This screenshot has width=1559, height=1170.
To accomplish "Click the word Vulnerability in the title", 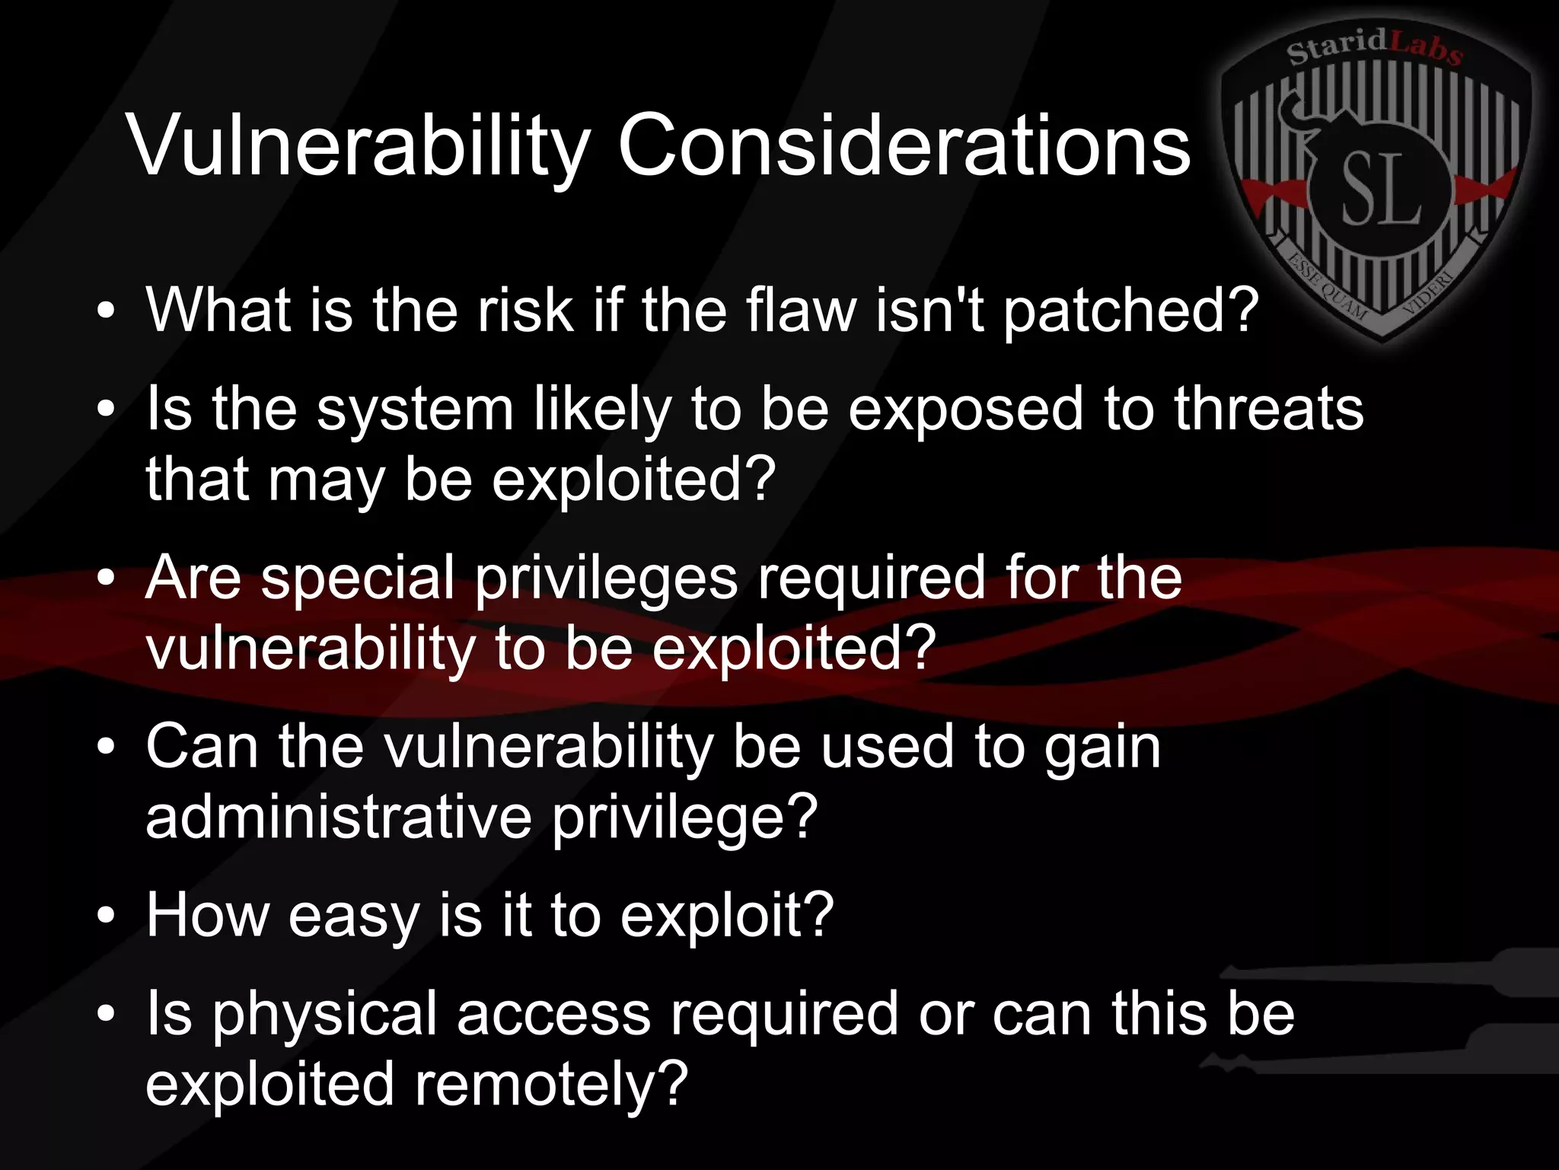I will coord(359,145).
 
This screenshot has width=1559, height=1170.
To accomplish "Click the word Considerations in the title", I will coord(904,145).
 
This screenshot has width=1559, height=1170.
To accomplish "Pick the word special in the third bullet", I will coord(358,579).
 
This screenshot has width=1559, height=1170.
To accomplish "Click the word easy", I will coord(353,916).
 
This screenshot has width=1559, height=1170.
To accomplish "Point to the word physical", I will coord(325,1015).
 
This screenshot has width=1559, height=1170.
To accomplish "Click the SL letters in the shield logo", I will coord(1380,188).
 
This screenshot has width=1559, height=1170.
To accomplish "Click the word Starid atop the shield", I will coord(1337,47).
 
